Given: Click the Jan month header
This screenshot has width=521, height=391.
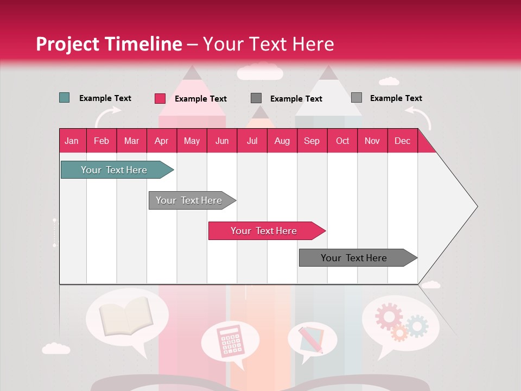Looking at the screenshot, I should coord(72,141).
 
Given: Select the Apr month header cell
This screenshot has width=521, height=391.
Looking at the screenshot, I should coord(161,141).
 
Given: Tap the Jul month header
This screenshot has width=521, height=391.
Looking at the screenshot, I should coord(252,141).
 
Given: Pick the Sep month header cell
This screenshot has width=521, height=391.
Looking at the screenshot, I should coord(312,141).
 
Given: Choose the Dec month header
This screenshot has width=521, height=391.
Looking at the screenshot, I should coord(402,141).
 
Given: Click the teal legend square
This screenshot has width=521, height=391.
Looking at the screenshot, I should coord(64,98).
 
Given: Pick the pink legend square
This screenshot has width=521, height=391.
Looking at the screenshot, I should coord(160,98).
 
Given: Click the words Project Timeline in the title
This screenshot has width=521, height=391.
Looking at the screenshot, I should coord(109,44).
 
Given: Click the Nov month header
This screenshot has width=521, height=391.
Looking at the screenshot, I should coord(372,141).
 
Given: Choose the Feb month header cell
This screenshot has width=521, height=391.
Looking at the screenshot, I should coord(101,141).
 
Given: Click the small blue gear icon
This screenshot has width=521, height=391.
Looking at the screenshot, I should coord(417,326).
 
